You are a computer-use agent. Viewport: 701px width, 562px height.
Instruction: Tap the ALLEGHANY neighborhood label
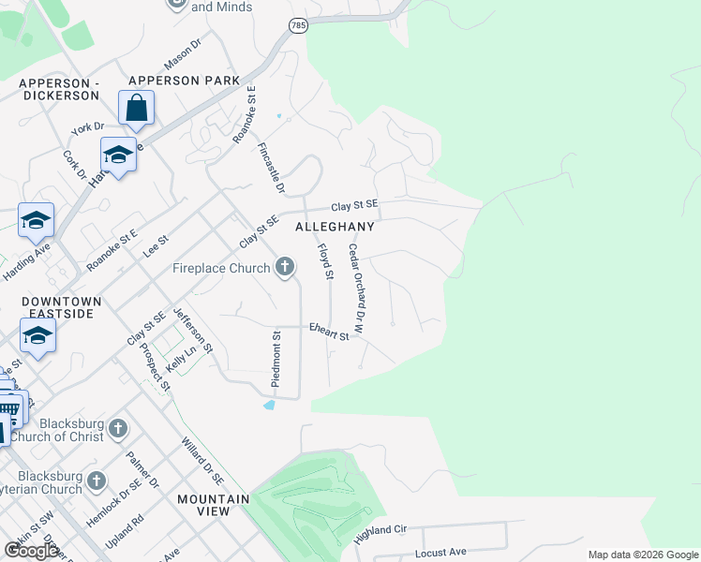pyautogui.click(x=335, y=227)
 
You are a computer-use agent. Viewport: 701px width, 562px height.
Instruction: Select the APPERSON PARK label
pyautogui.click(x=185, y=81)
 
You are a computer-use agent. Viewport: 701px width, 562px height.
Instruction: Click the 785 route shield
pyautogui.click(x=297, y=24)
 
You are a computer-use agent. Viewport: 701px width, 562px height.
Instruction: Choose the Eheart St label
pyautogui.click(x=329, y=331)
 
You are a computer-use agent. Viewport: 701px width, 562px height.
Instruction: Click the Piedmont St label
pyautogui.click(x=276, y=359)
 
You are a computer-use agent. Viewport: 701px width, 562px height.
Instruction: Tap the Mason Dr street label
pyautogui.click(x=183, y=54)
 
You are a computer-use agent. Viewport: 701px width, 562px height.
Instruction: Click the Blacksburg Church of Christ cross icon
pyautogui.click(x=117, y=429)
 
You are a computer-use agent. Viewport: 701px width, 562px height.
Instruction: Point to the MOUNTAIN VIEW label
pyautogui.click(x=214, y=505)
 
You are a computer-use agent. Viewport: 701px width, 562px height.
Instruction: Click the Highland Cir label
pyautogui.click(x=380, y=535)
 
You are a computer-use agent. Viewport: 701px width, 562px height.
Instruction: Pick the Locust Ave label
pyautogui.click(x=440, y=553)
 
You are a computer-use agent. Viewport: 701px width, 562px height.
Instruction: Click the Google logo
pyautogui.click(x=30, y=551)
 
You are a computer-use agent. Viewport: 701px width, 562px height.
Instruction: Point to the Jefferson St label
pyautogui.click(x=193, y=330)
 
